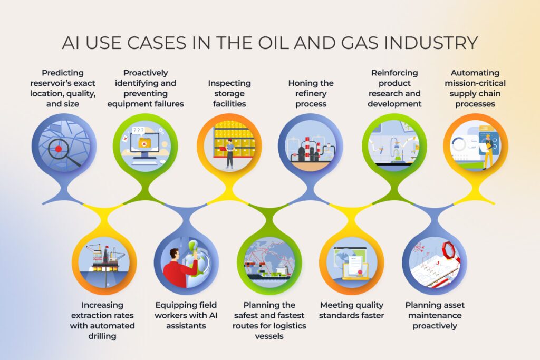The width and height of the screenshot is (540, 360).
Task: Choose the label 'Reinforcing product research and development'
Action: [394, 88]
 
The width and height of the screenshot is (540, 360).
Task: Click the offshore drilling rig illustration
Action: [104, 259]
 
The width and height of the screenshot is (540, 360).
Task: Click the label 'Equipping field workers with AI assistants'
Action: [186, 315]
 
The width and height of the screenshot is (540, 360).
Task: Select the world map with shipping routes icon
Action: [269, 259]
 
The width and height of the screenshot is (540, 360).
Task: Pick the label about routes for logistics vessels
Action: [269, 320]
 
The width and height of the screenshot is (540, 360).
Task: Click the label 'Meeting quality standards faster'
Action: [352, 310]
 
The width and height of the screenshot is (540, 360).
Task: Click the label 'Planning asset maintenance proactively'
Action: [435, 315]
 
